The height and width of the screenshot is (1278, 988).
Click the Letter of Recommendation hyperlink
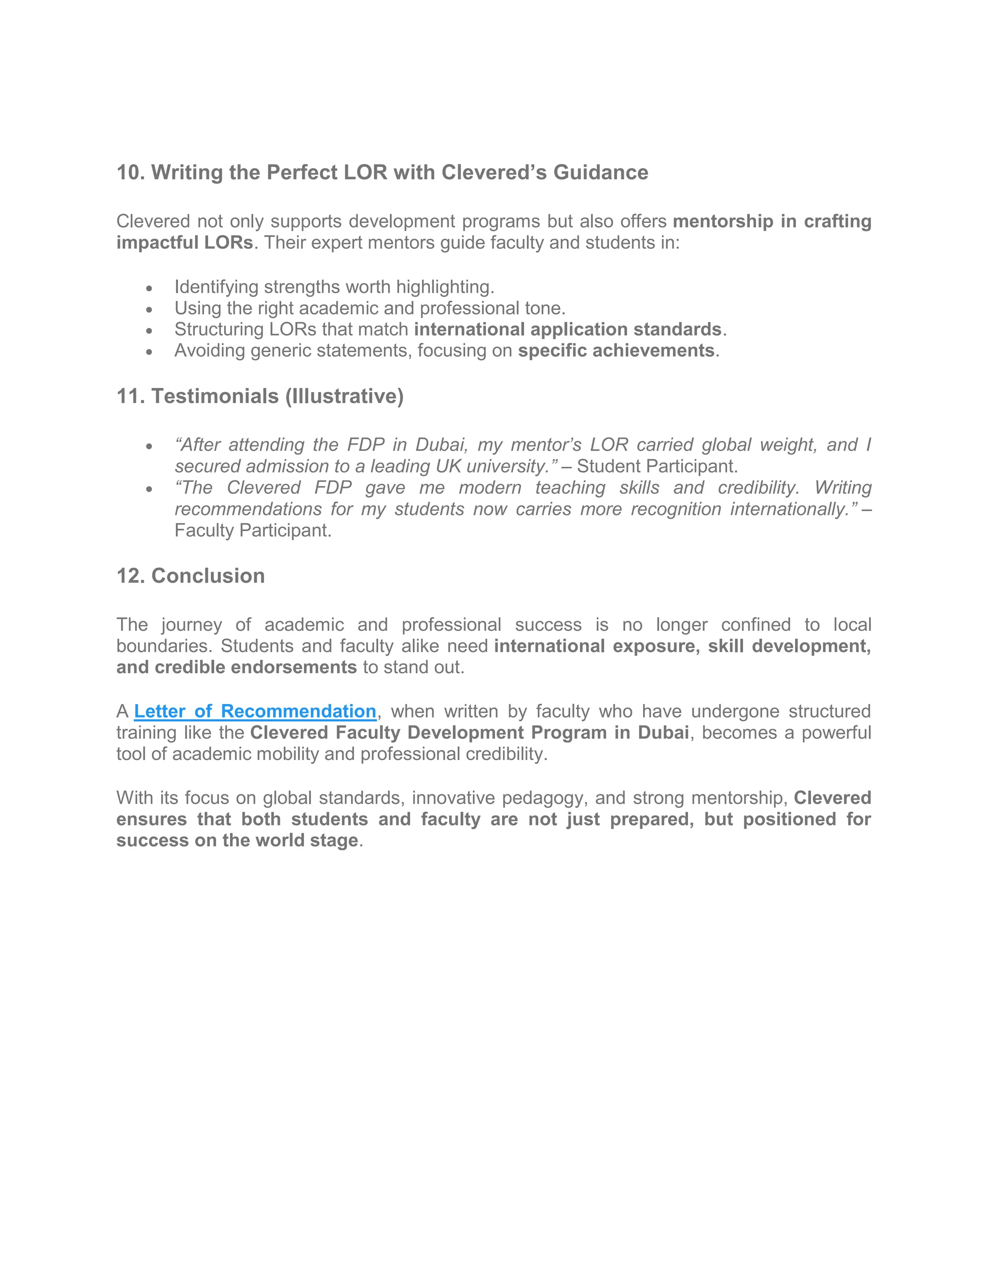coord(255,711)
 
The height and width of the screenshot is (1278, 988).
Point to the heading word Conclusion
coord(208,576)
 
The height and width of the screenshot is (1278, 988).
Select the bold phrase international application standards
coord(567,329)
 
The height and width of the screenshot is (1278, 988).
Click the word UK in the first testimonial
coord(448,466)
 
